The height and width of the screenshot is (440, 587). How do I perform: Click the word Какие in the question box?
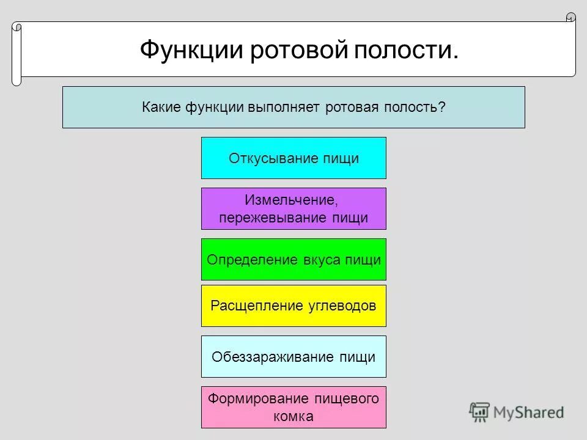[161, 107]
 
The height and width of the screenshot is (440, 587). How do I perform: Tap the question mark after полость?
[441, 107]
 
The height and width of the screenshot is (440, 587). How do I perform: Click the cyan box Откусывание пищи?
[293, 158]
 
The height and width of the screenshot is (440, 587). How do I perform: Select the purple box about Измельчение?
[293, 208]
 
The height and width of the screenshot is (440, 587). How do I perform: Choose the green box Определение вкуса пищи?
[293, 259]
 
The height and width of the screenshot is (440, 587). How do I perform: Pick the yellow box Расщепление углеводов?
[293, 306]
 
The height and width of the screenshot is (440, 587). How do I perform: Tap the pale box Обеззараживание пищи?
[293, 356]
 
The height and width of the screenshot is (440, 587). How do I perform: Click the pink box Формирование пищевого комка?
[293, 407]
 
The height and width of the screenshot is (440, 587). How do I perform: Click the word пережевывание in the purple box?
[273, 218]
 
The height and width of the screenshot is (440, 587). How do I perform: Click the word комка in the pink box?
[293, 417]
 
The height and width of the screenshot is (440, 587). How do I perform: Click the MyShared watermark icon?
[480, 413]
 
